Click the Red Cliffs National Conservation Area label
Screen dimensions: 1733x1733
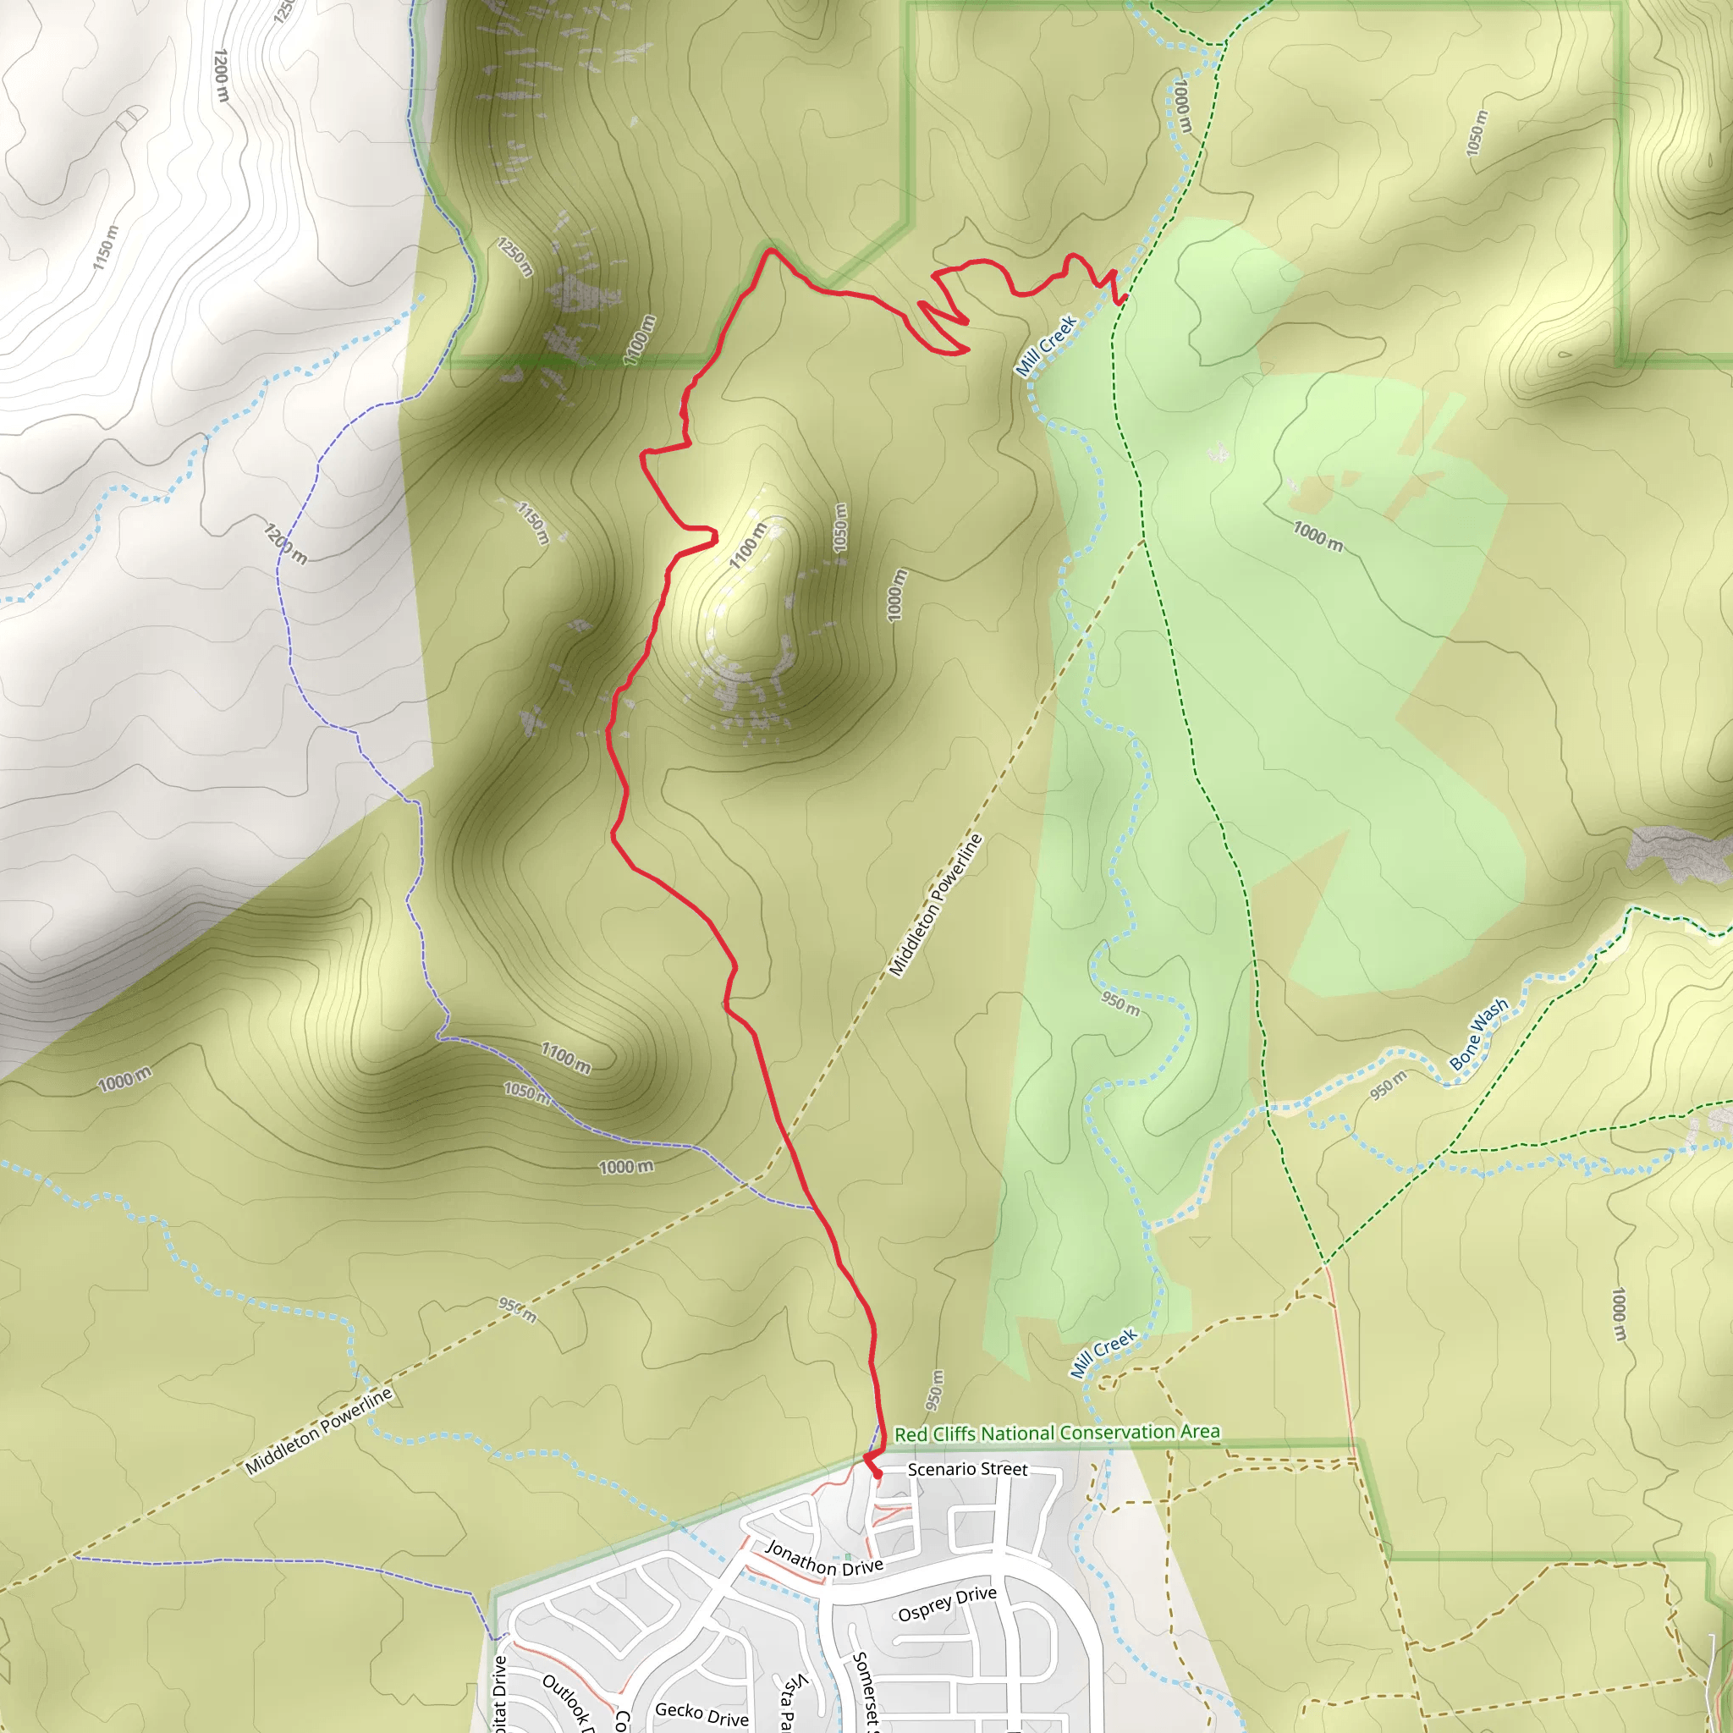click(1057, 1433)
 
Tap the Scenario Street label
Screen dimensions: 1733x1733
click(967, 1469)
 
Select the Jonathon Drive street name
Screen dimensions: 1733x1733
click(823, 1559)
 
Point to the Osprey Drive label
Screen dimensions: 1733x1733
click(947, 1604)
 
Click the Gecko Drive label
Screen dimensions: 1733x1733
click(701, 1714)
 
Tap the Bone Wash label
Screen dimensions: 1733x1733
click(1479, 1035)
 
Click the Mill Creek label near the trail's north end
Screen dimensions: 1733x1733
click(1046, 345)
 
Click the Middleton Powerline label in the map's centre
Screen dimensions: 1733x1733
click(936, 905)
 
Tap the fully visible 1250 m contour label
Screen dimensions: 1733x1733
click(516, 257)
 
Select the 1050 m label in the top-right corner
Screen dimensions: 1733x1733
click(1476, 133)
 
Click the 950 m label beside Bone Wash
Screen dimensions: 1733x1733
click(1388, 1086)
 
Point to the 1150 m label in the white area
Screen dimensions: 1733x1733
click(105, 247)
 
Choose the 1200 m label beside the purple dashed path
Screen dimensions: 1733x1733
click(285, 543)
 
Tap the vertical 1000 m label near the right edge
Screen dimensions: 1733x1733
click(1619, 1315)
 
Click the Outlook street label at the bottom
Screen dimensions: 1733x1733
click(567, 1699)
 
